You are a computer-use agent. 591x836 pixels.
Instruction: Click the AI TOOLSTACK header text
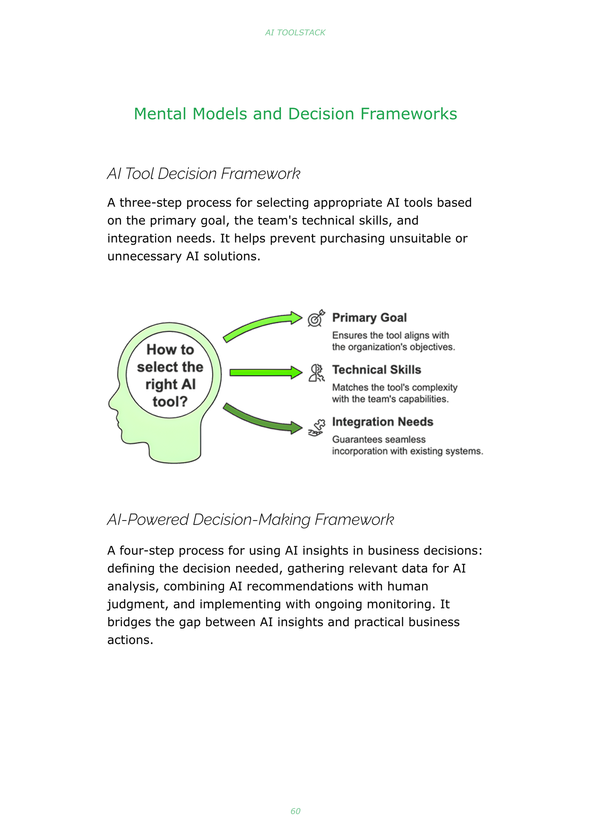pyautogui.click(x=295, y=33)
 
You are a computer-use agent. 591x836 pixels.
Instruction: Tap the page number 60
pyautogui.click(x=295, y=811)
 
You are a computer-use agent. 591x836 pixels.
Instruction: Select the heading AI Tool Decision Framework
pyautogui.click(x=204, y=174)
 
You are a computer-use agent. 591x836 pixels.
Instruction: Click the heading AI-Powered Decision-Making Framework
pyautogui.click(x=250, y=520)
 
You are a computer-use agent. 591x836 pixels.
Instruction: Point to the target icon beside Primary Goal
pyautogui.click(x=316, y=318)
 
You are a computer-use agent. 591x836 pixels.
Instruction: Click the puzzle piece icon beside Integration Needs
pyautogui.click(x=317, y=428)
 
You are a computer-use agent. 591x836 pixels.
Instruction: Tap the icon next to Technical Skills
pyautogui.click(x=316, y=373)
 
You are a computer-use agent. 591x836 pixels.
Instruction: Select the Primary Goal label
pyautogui.click(x=369, y=318)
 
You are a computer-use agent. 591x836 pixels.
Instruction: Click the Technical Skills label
pyautogui.click(x=376, y=370)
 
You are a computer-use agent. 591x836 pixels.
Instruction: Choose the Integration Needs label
pyautogui.click(x=382, y=422)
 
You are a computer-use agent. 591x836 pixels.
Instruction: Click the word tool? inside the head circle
pyautogui.click(x=170, y=402)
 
